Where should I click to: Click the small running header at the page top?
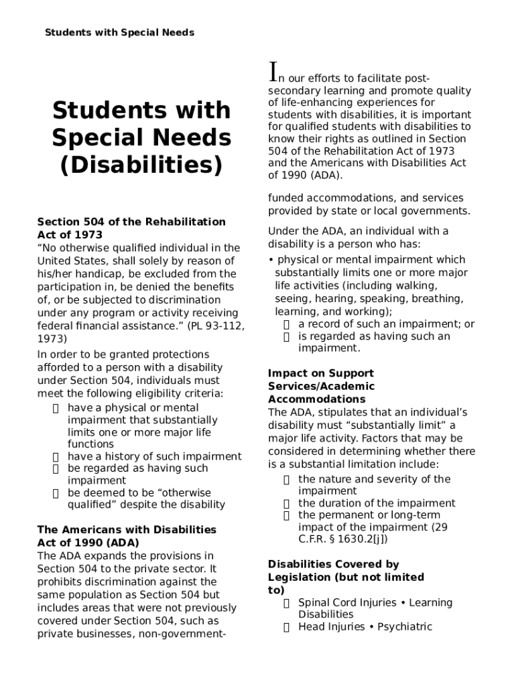[119, 32]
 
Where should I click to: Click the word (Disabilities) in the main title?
[141, 165]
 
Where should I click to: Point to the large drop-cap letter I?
[273, 70]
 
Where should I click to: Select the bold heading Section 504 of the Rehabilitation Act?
[131, 228]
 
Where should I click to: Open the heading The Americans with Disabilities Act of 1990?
[127, 536]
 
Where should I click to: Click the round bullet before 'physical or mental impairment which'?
[271, 260]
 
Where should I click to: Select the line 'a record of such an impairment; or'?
[386, 324]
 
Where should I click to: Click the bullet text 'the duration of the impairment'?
[377, 503]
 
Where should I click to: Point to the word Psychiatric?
[405, 627]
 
